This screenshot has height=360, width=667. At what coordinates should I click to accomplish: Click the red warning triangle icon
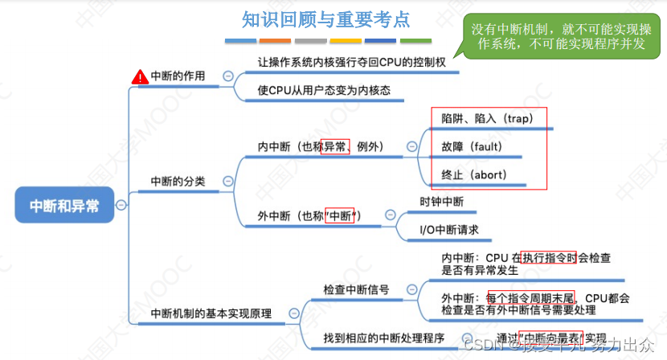[140, 77]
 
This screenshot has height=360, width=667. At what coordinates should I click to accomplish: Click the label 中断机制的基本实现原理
[211, 313]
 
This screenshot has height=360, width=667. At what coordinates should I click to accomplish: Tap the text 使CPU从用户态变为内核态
[324, 91]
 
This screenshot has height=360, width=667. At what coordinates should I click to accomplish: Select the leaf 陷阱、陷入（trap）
[487, 118]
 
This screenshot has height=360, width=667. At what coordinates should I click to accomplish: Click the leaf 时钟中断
[442, 202]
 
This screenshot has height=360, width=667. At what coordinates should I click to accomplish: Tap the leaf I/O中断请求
[450, 230]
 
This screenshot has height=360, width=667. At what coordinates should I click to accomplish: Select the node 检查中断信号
[356, 288]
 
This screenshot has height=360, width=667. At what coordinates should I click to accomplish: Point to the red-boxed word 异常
[335, 147]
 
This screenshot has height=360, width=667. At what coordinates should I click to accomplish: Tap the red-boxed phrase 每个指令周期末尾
[530, 297]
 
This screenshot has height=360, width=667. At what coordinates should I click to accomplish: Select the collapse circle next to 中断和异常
[121, 205]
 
